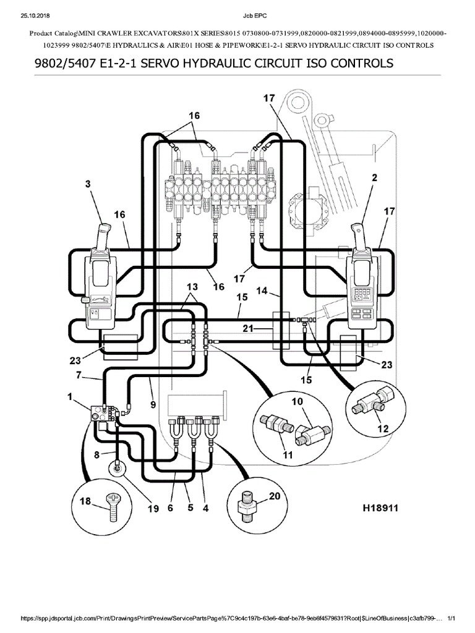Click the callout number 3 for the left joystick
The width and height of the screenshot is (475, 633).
click(87, 184)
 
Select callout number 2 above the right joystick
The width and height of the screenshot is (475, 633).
click(374, 177)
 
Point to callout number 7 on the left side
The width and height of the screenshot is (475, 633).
click(79, 375)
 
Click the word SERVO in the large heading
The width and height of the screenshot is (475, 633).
click(154, 64)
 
